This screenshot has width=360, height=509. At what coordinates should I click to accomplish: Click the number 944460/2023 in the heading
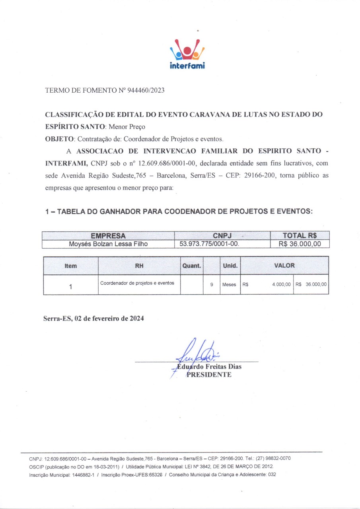(x=146, y=90)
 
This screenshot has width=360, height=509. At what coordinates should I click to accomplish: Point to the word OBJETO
(x=59, y=139)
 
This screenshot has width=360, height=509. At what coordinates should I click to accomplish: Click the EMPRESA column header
(x=108, y=235)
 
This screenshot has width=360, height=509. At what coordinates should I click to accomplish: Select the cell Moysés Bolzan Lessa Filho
(x=108, y=244)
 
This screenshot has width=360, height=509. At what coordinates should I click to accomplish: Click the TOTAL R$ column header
(x=300, y=235)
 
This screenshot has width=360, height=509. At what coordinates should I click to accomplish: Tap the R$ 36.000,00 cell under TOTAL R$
(x=300, y=244)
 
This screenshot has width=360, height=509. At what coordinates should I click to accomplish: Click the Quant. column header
(x=191, y=266)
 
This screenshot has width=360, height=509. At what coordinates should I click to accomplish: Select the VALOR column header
(x=284, y=266)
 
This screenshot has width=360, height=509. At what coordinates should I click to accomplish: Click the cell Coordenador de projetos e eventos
(x=137, y=283)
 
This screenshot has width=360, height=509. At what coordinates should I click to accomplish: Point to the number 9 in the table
(x=212, y=285)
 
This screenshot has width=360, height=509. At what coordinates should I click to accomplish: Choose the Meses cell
(x=229, y=285)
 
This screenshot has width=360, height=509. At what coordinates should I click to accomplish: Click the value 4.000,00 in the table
(x=281, y=285)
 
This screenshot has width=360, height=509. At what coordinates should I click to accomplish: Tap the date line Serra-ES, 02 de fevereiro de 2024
(x=93, y=319)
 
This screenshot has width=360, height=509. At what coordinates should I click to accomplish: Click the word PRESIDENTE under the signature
(x=209, y=375)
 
